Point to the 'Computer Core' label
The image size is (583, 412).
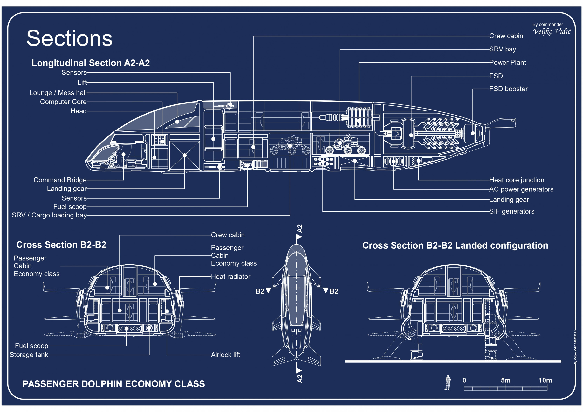pyautogui.click(x=63, y=102)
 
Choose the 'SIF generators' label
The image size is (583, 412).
pyautogui.click(x=512, y=211)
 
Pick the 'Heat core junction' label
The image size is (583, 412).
pyautogui.click(x=517, y=180)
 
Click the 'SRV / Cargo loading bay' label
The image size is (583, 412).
pyautogui.click(x=49, y=215)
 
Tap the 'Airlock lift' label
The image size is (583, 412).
pyautogui.click(x=225, y=355)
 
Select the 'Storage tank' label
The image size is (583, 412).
pyautogui.click(x=29, y=355)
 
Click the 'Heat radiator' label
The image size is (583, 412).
pyautogui.click(x=230, y=276)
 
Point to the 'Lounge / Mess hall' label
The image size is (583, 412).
pyautogui.click(x=58, y=93)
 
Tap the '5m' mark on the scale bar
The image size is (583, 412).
pyautogui.click(x=505, y=380)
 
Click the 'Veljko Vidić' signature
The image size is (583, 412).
pyautogui.click(x=552, y=31)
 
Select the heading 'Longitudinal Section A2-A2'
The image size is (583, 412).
pyautogui.click(x=91, y=63)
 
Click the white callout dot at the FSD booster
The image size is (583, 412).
pyautogui.click(x=473, y=133)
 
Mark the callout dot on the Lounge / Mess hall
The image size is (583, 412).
pyautogui.click(x=177, y=122)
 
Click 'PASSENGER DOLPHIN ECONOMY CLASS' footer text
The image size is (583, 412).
pyautogui.click(x=113, y=384)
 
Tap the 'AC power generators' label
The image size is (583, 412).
pyautogui.click(x=521, y=189)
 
